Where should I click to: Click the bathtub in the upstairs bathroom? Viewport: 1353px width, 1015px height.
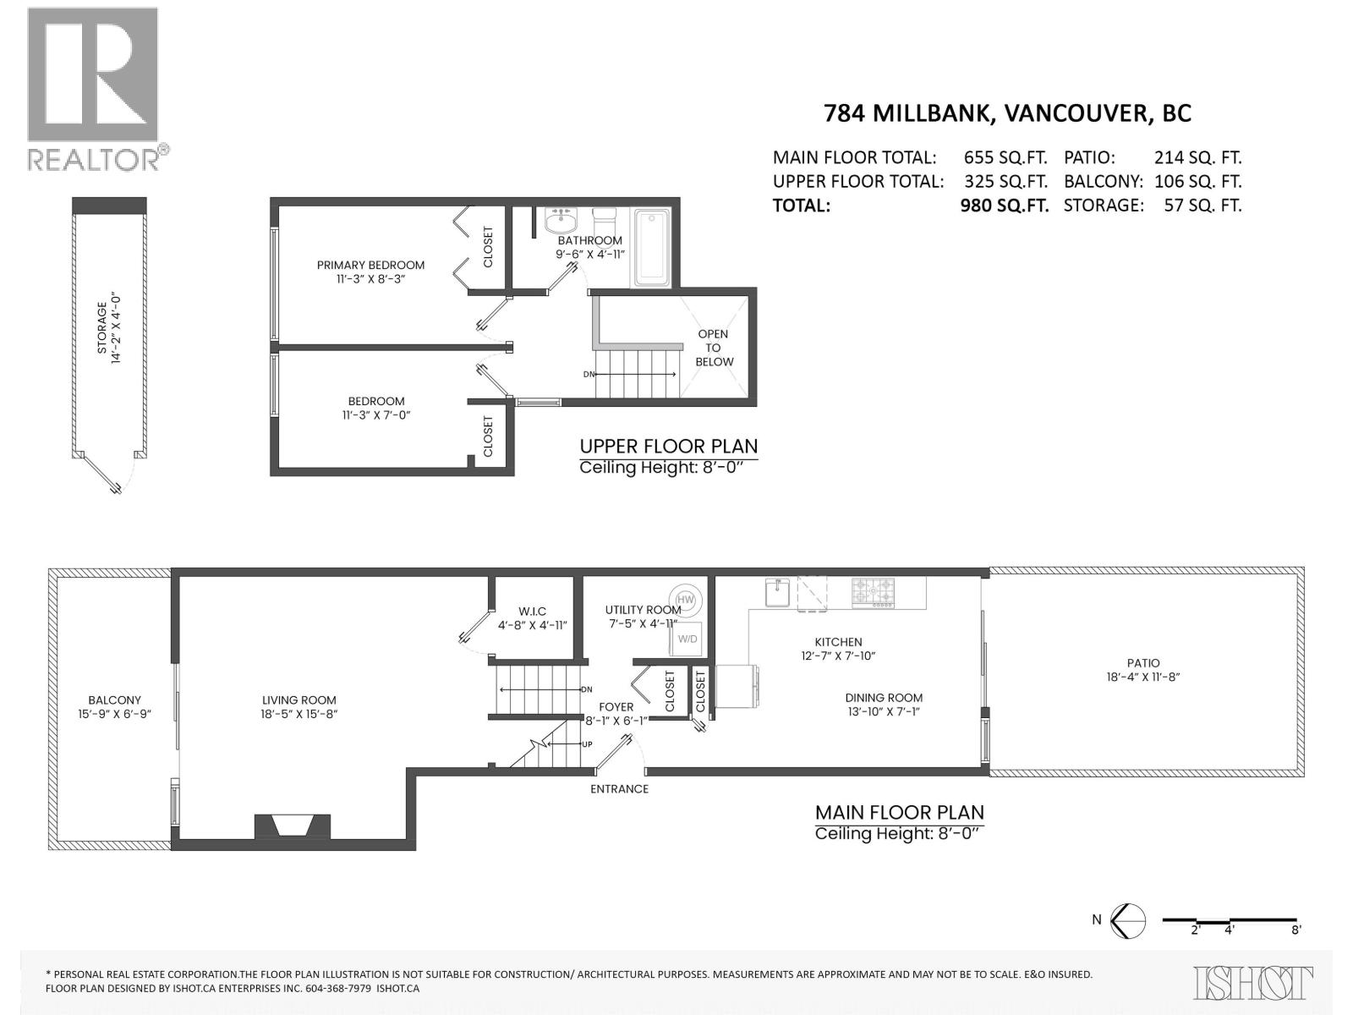point(651,248)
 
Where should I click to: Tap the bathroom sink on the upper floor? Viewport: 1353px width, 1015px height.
point(560,222)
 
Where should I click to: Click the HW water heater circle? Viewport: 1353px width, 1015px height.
point(685,600)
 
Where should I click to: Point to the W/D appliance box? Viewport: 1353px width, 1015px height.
point(687,639)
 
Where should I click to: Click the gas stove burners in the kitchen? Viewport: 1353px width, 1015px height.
point(872,591)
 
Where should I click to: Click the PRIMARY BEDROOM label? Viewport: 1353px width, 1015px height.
point(370,265)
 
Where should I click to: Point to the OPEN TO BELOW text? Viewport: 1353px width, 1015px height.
point(714,348)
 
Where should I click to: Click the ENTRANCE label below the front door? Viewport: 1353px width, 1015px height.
point(619,788)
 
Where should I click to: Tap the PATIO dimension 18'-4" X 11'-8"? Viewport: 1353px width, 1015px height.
point(1142,677)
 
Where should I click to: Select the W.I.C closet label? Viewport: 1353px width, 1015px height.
point(532,612)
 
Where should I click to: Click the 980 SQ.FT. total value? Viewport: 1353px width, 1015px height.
point(1004,205)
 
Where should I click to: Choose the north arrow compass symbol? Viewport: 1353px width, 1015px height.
point(1127,920)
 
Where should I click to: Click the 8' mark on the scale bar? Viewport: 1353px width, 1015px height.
point(1295,930)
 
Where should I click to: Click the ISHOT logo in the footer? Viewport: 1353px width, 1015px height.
point(1253,983)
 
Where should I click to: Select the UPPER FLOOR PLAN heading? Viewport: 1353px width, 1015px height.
point(668,446)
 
